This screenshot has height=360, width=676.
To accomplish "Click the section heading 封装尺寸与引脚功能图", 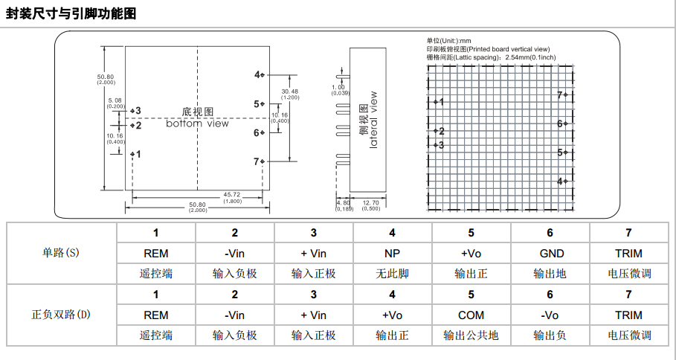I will coord(71,13).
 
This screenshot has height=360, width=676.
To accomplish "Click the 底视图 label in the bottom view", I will coord(198,111).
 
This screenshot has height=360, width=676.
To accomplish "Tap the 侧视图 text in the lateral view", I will coord(363,119).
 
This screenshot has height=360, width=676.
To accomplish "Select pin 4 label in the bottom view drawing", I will coord(257,74).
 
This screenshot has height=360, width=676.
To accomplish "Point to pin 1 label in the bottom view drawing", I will coord(138,154).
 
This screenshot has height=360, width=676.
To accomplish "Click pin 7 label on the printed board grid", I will coord(560,94).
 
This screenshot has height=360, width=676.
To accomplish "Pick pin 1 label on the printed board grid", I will coord(441,102).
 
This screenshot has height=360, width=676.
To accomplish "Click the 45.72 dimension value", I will coord(231,195).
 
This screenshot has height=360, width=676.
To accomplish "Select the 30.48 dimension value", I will coord(289,91).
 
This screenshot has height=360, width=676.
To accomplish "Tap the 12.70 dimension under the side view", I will coord(370,203).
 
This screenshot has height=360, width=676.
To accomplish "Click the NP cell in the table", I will coord(392,254).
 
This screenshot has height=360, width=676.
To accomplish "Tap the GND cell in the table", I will coord(550,254).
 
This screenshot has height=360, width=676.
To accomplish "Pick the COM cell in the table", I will coord(471,315).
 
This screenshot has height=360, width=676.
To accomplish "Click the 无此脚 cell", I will coord(392,274).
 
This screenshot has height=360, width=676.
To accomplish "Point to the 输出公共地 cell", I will coord(471,335).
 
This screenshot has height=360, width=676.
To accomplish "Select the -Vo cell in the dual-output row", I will coord(550,315).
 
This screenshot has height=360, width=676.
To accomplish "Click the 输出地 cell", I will coord(550,274).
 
